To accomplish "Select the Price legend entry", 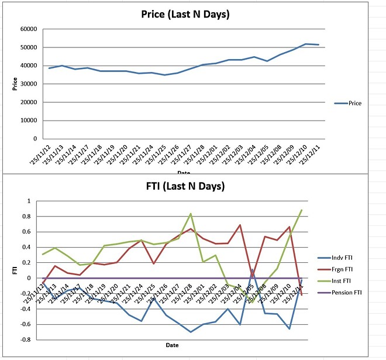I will [354, 103].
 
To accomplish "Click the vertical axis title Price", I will [15, 84].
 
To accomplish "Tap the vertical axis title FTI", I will [15, 270].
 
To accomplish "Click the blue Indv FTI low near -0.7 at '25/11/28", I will [191, 332].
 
